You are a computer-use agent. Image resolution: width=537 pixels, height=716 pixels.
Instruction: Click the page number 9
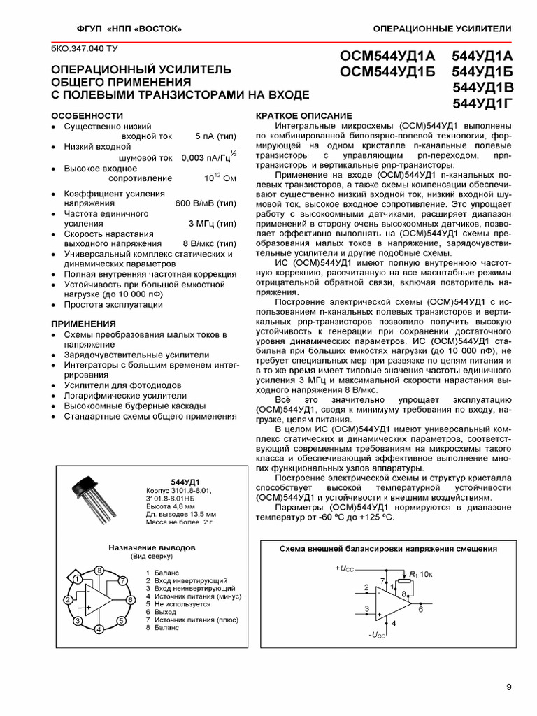[x=508, y=687]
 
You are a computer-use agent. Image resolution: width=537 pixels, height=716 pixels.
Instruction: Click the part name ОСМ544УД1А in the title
[x=387, y=56]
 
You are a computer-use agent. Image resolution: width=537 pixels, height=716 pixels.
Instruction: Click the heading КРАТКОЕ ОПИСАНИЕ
[x=304, y=115]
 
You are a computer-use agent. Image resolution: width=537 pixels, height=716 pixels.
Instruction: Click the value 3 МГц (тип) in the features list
[x=212, y=223]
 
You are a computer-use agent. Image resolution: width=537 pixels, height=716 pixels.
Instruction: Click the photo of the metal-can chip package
[x=94, y=498]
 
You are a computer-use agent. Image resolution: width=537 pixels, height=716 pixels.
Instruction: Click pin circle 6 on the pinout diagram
[x=129, y=600]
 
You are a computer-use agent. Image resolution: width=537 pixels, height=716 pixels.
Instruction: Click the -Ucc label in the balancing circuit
[x=376, y=635]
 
